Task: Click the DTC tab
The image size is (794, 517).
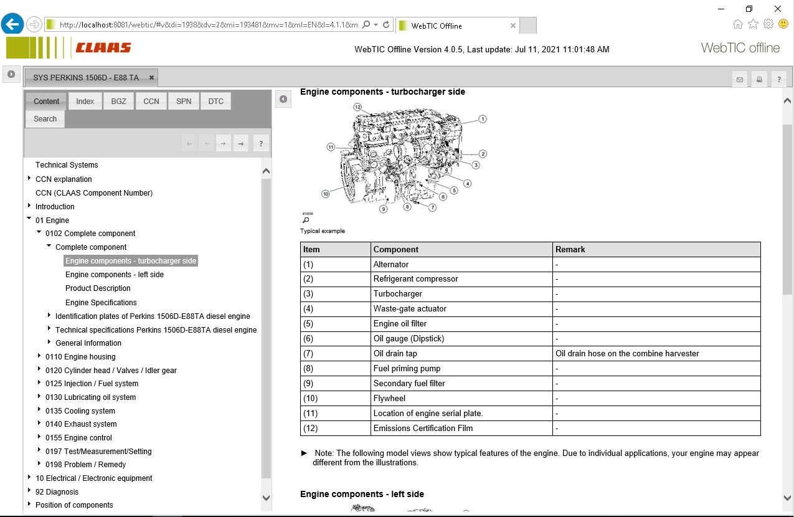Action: point(216,101)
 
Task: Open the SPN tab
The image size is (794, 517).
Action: point(184,101)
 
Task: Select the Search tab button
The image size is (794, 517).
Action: point(45,118)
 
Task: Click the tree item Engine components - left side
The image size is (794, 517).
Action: point(115,275)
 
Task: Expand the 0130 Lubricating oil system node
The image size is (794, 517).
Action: point(39,397)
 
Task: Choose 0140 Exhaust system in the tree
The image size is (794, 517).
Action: point(81,424)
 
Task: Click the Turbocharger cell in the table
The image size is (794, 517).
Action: point(398,294)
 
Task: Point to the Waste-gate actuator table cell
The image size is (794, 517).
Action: point(410,309)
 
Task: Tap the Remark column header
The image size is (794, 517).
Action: point(570,249)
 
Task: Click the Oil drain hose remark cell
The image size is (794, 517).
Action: point(627,354)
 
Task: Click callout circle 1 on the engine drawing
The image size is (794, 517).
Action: point(483,119)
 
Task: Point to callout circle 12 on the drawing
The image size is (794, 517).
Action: point(357,107)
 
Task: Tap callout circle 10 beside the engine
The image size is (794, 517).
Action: point(325,194)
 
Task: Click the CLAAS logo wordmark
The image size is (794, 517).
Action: point(103,48)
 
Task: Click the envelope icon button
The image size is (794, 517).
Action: point(740,79)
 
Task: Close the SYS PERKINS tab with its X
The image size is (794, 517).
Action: point(151,78)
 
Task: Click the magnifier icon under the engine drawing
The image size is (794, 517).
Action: point(306,220)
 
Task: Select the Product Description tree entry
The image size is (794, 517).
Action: point(98,288)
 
